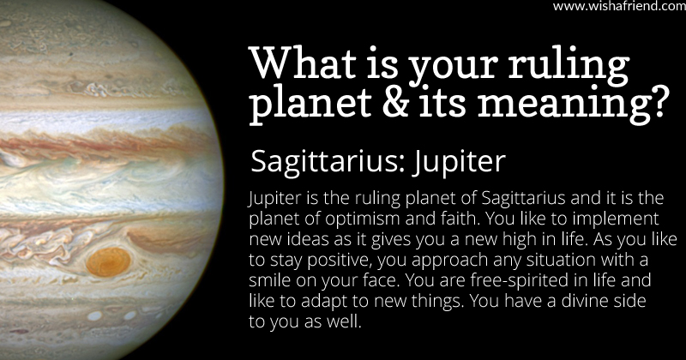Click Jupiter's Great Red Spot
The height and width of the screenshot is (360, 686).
point(109,262)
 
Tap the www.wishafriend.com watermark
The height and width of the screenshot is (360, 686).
point(619,6)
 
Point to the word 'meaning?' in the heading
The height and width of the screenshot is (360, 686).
point(573,106)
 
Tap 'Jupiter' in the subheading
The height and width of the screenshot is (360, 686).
point(459,162)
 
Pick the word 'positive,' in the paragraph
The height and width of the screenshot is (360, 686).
point(339,261)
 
